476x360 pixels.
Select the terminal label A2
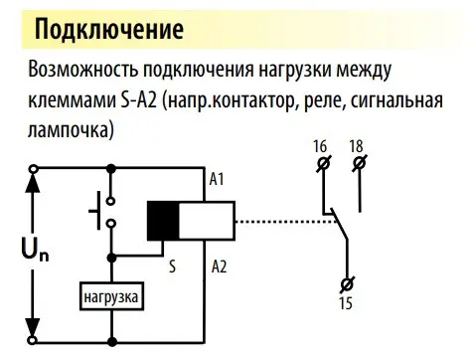(220, 266)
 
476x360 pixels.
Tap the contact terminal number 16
(320, 147)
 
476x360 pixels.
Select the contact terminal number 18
(356, 147)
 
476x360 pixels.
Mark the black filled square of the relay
(163, 220)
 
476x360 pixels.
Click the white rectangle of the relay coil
(206, 220)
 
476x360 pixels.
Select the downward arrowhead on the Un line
(35, 332)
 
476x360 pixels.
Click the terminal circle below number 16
(321, 163)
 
